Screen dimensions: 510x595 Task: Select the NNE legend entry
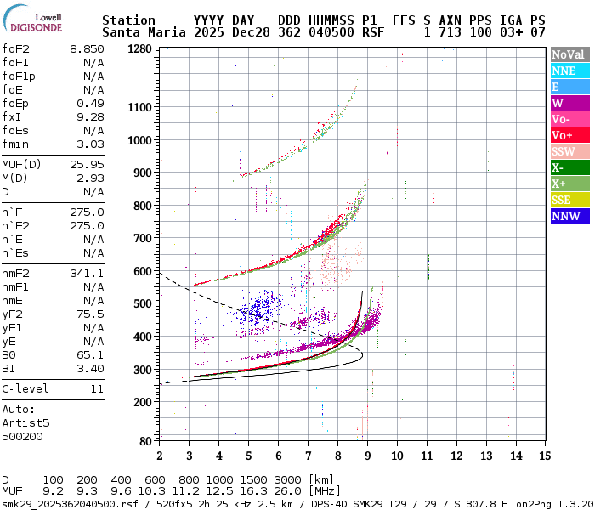(x=564, y=71)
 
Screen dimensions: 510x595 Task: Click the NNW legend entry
(x=564, y=216)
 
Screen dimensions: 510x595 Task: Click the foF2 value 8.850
(x=88, y=49)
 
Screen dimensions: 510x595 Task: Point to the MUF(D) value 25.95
(x=88, y=164)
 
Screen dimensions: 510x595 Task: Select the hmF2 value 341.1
(x=88, y=274)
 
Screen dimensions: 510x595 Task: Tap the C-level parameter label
(x=25, y=388)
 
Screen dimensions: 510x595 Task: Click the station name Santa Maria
(x=139, y=32)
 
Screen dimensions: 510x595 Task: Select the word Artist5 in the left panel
(x=26, y=422)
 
